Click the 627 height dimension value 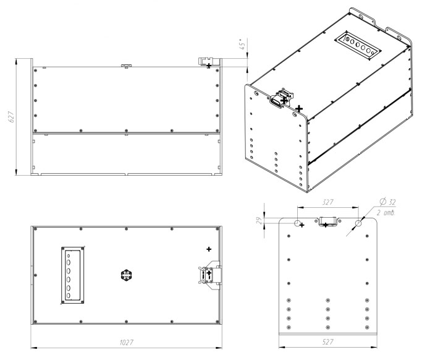click(12, 117)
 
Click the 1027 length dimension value click(126, 342)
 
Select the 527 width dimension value click(327, 341)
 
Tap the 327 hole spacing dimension click(328, 202)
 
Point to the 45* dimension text click(242, 44)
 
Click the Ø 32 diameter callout click(387, 202)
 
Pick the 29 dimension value click(259, 221)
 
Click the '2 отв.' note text click(386, 213)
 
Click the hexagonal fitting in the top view click(126, 275)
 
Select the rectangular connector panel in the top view click(73, 275)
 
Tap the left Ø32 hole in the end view click(297, 223)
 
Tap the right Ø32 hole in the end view click(358, 223)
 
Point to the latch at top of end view click(327, 221)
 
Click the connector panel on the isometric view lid click(358, 46)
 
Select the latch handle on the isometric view click(281, 98)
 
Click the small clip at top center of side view click(126, 66)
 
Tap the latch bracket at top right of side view click(206, 62)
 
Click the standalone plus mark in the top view click(209, 249)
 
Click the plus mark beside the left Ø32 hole click(302, 225)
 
